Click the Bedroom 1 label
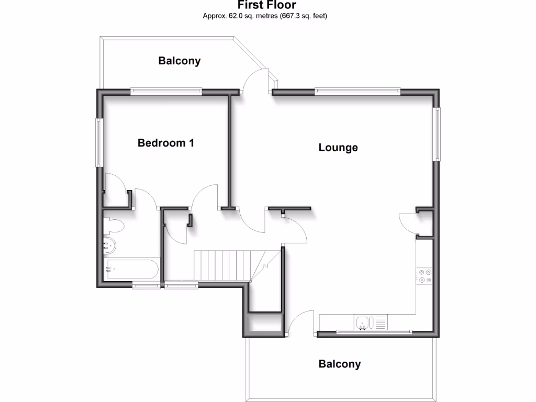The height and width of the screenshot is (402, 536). point(166,142)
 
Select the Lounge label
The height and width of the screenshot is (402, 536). point(338,148)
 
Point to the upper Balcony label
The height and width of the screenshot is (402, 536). point(180,61)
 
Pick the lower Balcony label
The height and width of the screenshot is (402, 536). point(340,364)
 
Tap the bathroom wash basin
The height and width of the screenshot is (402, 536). point(110,244)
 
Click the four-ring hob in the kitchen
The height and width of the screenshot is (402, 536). point(425,275)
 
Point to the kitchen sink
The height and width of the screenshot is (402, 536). point(362,322)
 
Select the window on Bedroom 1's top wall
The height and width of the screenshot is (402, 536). point(166,92)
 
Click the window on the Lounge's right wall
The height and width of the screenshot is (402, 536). point(436,133)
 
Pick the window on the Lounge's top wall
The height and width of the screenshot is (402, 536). point(358,92)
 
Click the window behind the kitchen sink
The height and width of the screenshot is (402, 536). point(374,332)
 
